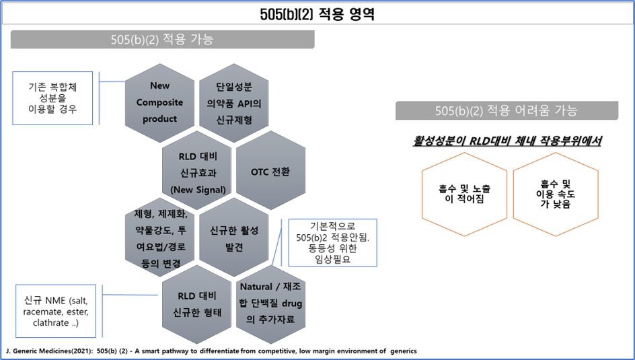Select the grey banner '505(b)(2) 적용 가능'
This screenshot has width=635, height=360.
click(x=162, y=40)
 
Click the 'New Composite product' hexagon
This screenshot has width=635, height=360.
click(x=160, y=102)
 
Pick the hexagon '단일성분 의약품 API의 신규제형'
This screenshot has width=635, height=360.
click(x=233, y=102)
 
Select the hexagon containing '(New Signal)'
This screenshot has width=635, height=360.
click(x=196, y=172)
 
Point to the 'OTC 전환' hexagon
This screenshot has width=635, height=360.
click(x=270, y=172)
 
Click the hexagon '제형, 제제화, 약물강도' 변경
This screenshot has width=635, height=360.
click(x=160, y=239)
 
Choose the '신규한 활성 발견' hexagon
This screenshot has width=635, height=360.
click(x=233, y=239)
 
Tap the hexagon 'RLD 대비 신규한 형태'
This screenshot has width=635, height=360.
click(x=196, y=304)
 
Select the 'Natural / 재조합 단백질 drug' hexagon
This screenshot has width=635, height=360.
click(x=270, y=304)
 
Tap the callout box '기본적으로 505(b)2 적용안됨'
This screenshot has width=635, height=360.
click(x=332, y=243)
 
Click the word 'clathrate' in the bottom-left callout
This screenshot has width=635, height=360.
click(x=51, y=324)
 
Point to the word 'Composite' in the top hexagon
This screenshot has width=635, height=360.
click(x=160, y=102)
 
